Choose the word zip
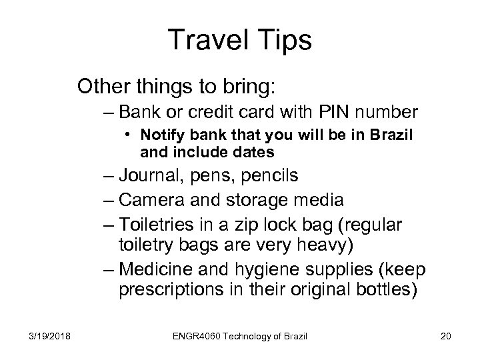tap(265, 225)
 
